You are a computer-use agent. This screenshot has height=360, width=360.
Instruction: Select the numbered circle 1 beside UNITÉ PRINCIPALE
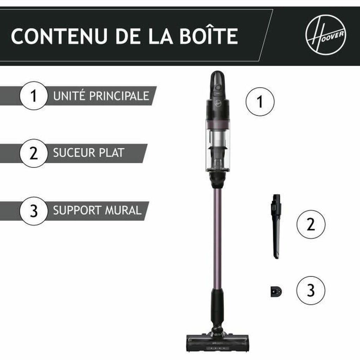tap(33, 96)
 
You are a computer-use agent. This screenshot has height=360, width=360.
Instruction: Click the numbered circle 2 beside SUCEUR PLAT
tap(33, 153)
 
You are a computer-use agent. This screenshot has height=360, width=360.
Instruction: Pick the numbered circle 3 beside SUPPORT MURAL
tap(33, 211)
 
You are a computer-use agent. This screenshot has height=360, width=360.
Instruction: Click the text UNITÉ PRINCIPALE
tap(101, 96)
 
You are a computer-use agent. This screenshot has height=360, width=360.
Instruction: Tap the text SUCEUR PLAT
tap(89, 153)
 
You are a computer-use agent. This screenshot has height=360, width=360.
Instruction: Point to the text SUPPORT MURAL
tap(97, 211)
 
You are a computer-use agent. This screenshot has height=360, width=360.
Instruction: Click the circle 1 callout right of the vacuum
tap(260, 102)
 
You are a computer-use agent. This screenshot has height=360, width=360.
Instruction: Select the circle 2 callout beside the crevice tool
tap(311, 225)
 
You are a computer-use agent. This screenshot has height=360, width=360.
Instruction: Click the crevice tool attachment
tap(276, 225)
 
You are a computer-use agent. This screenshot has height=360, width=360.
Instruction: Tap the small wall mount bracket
tap(276, 291)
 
